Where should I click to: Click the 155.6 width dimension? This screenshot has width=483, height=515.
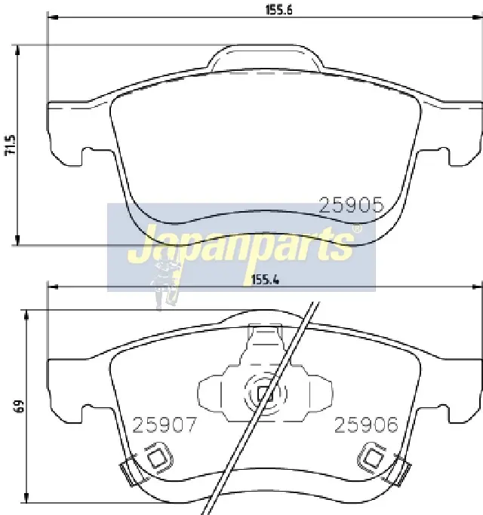point(278,11)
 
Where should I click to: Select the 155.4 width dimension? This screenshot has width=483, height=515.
point(265,280)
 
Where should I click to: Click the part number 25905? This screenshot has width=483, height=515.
point(352,205)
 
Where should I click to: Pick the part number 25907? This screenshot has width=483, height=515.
point(164,425)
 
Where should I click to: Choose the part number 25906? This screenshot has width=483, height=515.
point(366,425)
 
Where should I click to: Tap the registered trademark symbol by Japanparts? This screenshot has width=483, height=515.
point(357,228)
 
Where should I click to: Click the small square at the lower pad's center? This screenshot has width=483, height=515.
point(266,394)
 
